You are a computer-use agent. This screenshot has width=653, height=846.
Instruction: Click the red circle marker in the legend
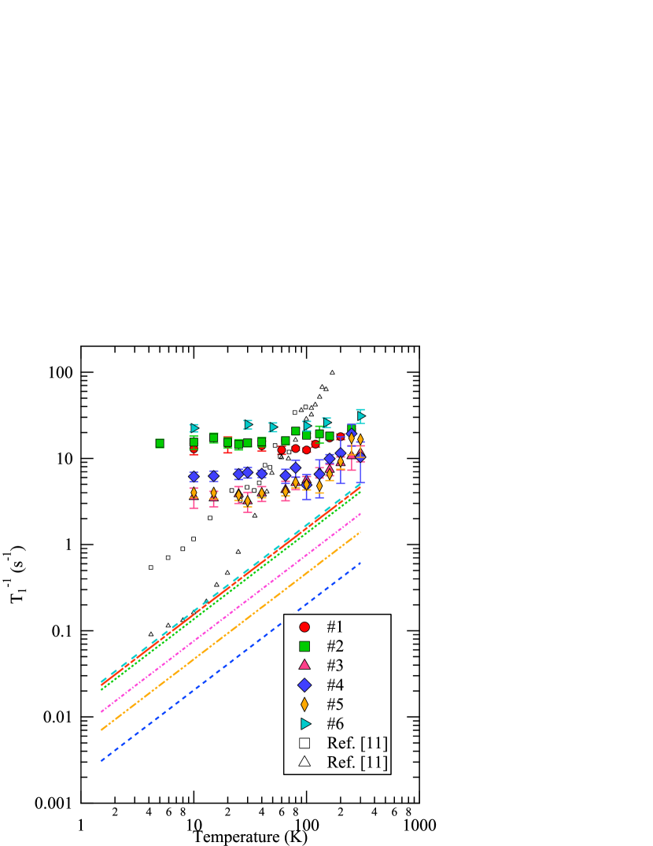pos(304,627)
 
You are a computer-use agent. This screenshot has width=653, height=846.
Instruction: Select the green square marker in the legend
pos(304,646)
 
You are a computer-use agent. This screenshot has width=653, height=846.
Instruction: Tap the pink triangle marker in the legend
pos(304,665)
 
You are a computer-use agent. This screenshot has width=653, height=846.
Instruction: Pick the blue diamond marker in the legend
pos(304,685)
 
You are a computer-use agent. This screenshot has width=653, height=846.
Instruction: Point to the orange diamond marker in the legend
pos(304,704)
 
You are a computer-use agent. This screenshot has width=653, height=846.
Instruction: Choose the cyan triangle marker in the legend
pos(305,723)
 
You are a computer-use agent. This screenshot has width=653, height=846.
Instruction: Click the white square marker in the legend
pos(304,743)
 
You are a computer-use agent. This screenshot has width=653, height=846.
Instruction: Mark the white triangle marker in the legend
pos(304,762)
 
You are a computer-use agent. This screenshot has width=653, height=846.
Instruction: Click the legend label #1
pos(335,627)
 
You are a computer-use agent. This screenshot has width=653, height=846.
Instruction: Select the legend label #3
pos(335,665)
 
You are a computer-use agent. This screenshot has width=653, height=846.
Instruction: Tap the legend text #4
pos(335,685)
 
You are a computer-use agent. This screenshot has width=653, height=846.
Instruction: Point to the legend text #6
pos(335,723)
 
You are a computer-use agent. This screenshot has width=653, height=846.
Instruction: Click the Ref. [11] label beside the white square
pos(357,743)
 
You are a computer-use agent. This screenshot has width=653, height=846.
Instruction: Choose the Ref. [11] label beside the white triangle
pos(357,762)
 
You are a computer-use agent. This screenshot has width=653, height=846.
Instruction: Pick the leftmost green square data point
pos(160,443)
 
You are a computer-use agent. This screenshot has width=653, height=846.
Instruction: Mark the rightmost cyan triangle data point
pos(360,416)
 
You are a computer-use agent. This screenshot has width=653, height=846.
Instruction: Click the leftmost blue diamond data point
pos(194,476)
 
